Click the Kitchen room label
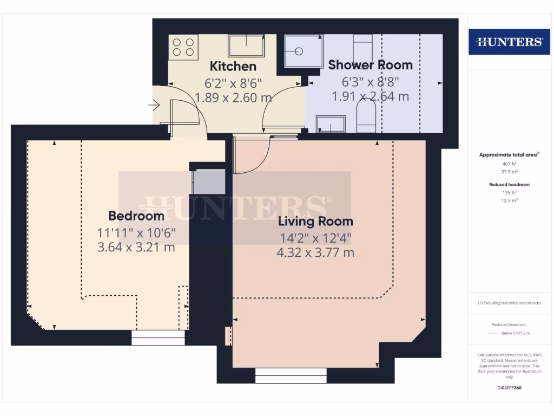(233, 67)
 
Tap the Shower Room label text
(370, 65)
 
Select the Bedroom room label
(136, 216)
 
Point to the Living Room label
(315, 221)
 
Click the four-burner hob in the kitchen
(184, 47)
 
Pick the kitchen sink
(246, 45)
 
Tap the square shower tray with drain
(302, 51)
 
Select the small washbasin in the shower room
(331, 123)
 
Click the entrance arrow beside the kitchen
(154, 106)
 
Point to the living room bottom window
(291, 375)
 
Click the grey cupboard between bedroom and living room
(209, 182)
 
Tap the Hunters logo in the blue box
(509, 42)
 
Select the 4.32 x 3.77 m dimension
(316, 252)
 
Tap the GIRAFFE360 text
(509, 388)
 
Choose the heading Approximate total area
(507, 155)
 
